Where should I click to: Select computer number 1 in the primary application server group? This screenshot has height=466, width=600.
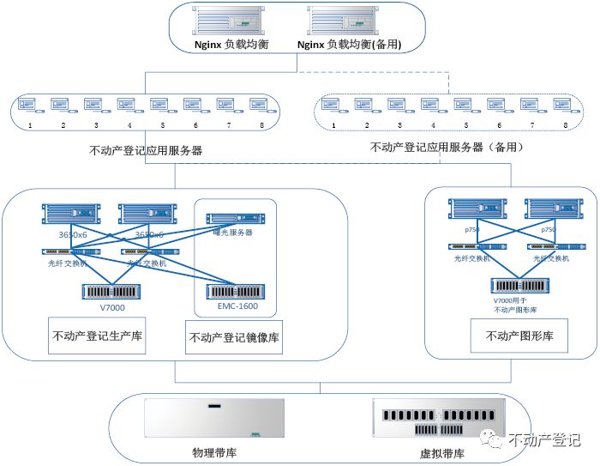coord(30,106)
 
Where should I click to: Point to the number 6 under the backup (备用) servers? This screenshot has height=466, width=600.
coord(499,125)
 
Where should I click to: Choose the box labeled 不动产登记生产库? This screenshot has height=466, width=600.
coord(97,336)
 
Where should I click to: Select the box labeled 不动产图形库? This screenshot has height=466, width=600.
coord(513,336)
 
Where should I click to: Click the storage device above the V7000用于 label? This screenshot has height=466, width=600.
coord(519,285)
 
